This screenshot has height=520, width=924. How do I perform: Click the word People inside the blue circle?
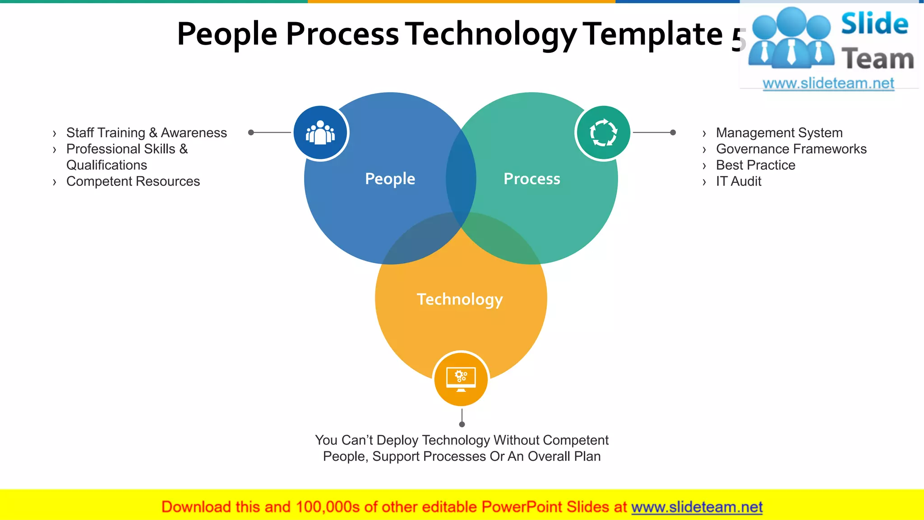click(390, 179)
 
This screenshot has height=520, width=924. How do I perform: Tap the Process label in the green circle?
click(532, 179)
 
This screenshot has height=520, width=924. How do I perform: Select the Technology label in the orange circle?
click(460, 299)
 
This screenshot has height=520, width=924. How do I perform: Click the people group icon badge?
click(320, 133)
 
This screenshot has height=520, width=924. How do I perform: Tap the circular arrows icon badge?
click(603, 133)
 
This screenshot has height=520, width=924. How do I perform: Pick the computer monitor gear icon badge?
click(461, 379)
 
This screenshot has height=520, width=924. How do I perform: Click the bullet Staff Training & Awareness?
click(146, 133)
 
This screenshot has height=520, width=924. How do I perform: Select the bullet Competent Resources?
click(133, 181)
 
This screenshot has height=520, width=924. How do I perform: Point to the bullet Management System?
click(779, 133)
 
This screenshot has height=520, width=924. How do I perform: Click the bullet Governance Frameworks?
click(791, 149)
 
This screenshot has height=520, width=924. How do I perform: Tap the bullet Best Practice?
click(755, 165)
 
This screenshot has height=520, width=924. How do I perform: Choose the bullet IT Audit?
click(739, 181)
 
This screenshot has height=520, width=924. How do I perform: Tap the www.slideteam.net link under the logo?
click(828, 84)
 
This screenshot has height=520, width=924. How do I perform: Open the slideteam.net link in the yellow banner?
click(697, 507)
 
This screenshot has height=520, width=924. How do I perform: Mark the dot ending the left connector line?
click(251, 132)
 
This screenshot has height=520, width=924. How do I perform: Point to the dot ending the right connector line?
click(673, 132)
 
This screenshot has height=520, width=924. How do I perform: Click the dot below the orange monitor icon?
click(462, 424)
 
